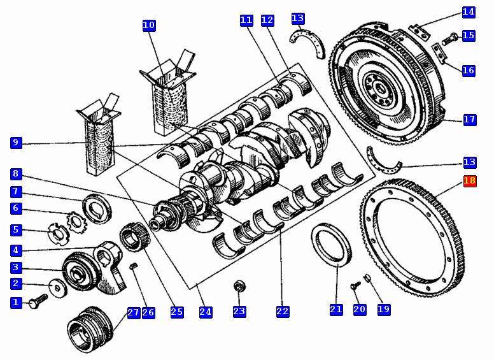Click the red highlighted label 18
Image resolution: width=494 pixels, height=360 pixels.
470,181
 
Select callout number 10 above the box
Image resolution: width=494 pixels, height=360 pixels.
149,25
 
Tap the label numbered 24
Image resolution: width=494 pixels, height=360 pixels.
205,312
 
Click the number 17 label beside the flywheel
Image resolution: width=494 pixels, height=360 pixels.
469,119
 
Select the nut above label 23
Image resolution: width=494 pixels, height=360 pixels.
239,287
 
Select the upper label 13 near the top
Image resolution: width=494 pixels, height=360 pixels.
297,18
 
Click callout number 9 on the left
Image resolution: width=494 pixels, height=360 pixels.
16,143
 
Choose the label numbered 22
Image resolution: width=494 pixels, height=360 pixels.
283,311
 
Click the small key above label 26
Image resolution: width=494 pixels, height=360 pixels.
134,267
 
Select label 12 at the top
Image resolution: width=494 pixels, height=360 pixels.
267,20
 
